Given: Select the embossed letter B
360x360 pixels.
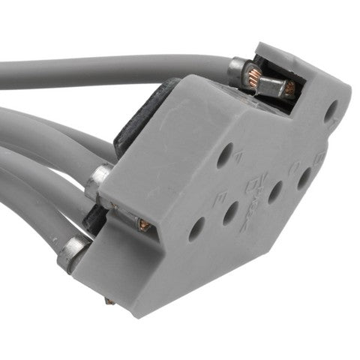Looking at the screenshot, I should click(x=319, y=159).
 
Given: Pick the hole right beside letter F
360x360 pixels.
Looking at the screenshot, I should click(x=223, y=156).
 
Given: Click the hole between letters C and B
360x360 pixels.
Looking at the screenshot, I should click(x=304, y=178).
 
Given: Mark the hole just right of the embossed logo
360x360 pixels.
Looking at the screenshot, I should click(x=276, y=191).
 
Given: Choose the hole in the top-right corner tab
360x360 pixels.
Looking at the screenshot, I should click(x=330, y=112).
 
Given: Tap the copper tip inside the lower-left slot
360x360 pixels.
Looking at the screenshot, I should click(x=143, y=225).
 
